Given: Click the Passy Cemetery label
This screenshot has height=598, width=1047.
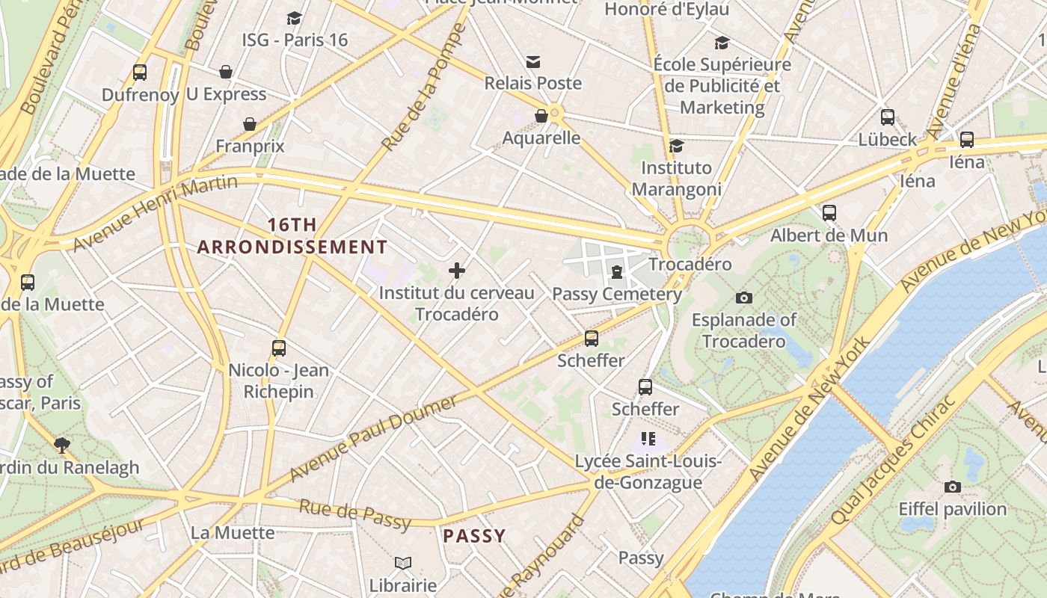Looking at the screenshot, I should tap(616, 294).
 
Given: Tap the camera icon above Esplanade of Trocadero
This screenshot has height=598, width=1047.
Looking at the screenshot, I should tap(743, 298).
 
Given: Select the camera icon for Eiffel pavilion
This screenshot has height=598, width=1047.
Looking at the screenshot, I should tap(952, 487).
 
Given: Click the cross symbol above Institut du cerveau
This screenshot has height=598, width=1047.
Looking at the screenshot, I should tap(457, 270).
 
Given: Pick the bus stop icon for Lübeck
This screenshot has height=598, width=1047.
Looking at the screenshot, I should tap(888, 117).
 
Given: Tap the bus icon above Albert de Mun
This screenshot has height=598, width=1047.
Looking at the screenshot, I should tap(829, 213).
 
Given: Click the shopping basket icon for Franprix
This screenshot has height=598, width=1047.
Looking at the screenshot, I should tap(250, 124).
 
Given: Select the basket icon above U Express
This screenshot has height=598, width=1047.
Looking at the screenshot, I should tap(226, 72).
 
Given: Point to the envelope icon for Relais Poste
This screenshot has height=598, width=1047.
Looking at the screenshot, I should tap(533, 61).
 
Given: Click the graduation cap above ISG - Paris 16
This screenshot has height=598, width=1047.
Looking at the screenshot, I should tap(294, 18).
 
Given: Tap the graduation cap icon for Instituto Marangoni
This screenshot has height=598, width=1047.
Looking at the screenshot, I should tap(677, 146).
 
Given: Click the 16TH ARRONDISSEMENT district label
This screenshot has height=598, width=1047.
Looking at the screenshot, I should tap(292, 235).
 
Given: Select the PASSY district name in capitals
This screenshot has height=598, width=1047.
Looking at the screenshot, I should tap(474, 535).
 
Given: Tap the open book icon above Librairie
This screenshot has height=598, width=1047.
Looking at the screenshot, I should tap(402, 563).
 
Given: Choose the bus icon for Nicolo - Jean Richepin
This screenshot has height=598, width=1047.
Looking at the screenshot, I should tap(279, 348).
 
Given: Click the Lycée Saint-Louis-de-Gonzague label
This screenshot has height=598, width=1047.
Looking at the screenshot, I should tap(648, 472).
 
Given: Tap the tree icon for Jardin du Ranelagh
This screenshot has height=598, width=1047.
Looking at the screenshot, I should tap(62, 446).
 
